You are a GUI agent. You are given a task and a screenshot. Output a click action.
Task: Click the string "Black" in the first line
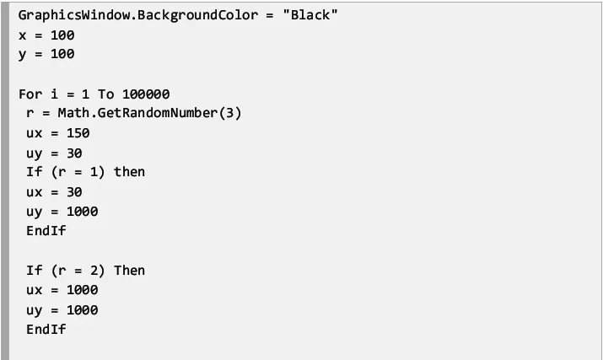(x=310, y=15)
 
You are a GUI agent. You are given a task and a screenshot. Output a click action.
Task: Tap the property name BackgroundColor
(x=197, y=16)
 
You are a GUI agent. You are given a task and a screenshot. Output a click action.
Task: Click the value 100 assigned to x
(x=62, y=35)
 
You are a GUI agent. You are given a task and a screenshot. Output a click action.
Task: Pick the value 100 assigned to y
(x=62, y=54)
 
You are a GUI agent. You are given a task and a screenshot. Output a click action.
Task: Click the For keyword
(x=30, y=94)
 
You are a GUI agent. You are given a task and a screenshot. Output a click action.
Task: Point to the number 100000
(x=146, y=94)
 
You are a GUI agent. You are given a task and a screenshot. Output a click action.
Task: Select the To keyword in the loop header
(x=105, y=94)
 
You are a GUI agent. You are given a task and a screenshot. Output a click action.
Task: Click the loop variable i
(x=54, y=94)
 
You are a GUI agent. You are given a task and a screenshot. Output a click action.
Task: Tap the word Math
(x=73, y=113)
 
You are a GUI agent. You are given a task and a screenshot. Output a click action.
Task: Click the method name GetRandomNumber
(x=158, y=114)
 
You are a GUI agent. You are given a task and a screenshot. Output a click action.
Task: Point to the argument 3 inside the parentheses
(x=229, y=113)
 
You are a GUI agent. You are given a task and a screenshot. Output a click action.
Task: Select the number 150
(x=78, y=133)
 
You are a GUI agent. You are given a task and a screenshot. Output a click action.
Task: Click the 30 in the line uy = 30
(x=74, y=153)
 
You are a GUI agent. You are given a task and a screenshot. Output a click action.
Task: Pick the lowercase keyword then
(x=129, y=172)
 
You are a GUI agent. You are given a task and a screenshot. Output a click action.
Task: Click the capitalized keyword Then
(x=129, y=271)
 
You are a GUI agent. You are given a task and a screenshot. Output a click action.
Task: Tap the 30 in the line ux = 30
(x=74, y=192)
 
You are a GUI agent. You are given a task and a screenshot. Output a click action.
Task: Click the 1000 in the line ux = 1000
(x=83, y=290)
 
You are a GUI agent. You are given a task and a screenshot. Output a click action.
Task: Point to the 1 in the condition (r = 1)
(x=94, y=172)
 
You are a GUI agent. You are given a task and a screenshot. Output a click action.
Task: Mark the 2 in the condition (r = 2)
(x=94, y=271)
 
